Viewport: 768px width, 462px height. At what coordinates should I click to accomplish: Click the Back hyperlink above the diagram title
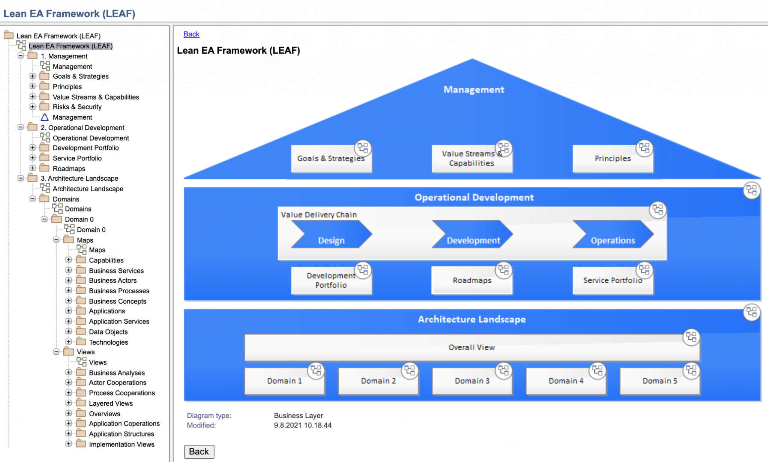191,34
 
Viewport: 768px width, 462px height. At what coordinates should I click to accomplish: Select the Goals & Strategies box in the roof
331,159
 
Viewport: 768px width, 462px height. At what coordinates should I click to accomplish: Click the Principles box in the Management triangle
612,159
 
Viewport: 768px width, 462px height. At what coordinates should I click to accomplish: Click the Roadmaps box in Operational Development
472,280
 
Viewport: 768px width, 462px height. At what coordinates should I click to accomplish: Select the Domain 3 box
472,381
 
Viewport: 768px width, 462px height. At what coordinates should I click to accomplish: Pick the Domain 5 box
660,381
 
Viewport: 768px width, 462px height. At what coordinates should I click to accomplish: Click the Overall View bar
471,348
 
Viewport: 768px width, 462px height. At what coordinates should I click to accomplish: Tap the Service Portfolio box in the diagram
612,280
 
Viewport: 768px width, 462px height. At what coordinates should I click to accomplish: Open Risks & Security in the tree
77,107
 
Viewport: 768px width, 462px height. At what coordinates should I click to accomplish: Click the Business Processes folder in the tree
118,291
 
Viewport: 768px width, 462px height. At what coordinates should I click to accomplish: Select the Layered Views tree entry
111,403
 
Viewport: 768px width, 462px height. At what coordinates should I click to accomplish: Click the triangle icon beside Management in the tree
45,117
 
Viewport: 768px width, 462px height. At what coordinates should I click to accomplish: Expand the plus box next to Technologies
68,342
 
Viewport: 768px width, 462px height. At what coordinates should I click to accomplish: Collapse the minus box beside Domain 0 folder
45,219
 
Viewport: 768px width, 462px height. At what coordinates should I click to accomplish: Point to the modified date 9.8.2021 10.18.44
303,425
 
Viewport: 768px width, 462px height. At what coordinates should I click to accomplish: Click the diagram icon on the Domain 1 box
316,370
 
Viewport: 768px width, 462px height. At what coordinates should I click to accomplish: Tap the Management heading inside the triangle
474,90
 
